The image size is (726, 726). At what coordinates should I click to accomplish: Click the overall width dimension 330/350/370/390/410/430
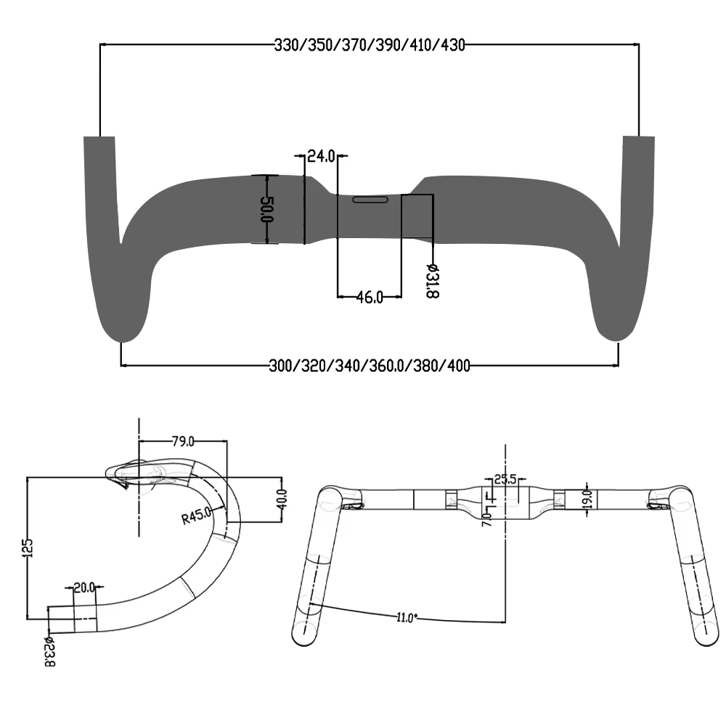click(x=369, y=44)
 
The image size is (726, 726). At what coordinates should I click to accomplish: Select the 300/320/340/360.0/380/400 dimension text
click(x=369, y=364)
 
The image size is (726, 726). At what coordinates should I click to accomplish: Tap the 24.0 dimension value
click(x=321, y=155)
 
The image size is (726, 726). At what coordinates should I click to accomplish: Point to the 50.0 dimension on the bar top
click(x=266, y=209)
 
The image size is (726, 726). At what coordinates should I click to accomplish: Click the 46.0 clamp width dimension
click(x=369, y=297)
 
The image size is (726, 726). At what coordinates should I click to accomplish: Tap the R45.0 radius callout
click(x=196, y=516)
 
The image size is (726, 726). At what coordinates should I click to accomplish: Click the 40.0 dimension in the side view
click(x=282, y=499)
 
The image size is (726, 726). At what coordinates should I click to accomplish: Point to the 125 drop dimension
click(x=27, y=548)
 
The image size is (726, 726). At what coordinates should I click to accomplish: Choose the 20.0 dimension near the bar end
click(x=85, y=587)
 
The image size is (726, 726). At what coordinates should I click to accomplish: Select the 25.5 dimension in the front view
click(x=505, y=479)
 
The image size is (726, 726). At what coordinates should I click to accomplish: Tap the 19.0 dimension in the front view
click(x=587, y=499)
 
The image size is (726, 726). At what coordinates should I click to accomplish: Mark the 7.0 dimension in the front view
click(x=485, y=518)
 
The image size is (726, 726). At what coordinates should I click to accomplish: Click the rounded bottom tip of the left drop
click(x=123, y=335)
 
